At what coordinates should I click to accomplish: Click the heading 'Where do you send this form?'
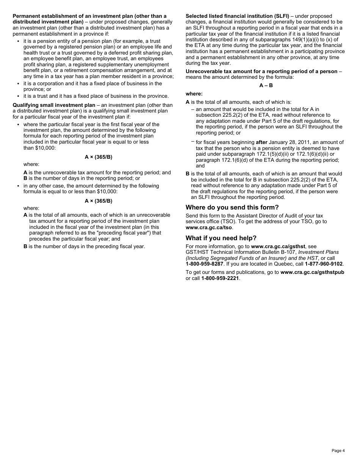point(232,207)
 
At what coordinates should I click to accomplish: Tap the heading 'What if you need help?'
point(221,238)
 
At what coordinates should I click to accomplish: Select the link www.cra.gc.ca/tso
point(209,228)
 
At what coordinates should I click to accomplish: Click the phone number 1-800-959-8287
point(204,264)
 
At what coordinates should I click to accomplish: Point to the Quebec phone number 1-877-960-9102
point(324,264)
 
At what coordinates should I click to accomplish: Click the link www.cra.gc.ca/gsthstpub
point(312,272)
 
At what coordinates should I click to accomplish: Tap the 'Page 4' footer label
point(338,450)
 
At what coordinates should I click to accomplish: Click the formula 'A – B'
point(266,86)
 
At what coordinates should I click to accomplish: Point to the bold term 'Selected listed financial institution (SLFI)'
point(237,16)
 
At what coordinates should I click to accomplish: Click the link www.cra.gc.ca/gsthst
point(278,246)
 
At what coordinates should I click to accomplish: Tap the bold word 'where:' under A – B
point(194,94)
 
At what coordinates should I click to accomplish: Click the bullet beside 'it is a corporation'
point(18,84)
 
